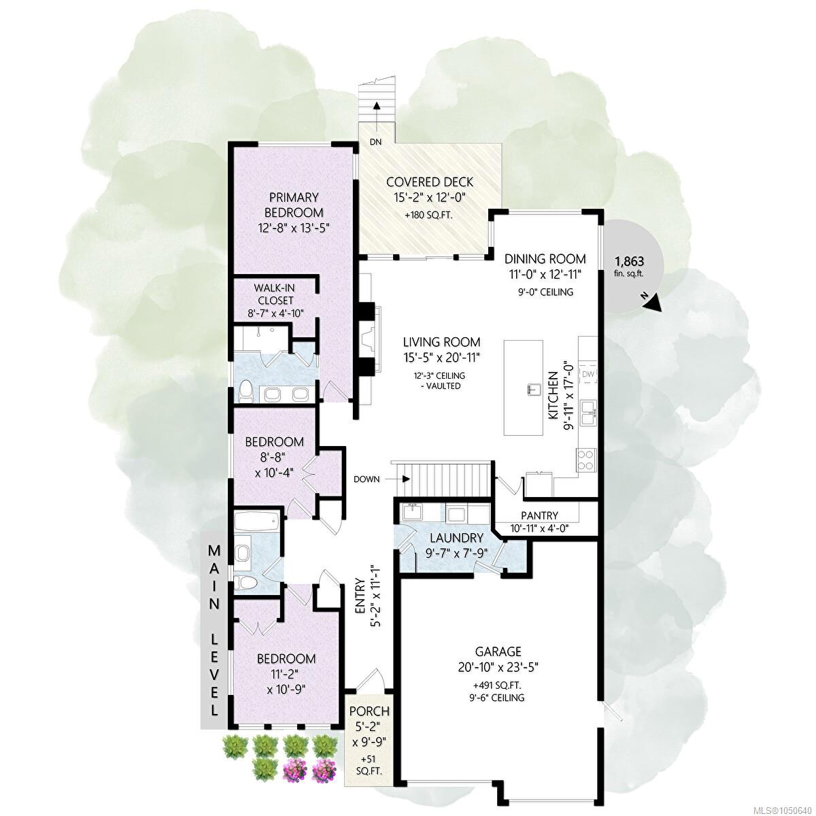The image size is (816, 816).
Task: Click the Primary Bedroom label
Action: click(294, 205)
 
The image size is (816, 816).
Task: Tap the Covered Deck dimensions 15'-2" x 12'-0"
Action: click(429, 197)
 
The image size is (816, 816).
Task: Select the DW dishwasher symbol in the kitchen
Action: click(588, 374)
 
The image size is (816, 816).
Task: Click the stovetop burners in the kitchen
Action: click(585, 460)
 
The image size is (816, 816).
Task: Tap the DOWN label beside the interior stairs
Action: click(367, 479)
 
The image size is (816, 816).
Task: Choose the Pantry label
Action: click(539, 515)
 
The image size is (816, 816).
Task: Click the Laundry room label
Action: click(456, 538)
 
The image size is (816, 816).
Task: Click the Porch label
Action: click(369, 711)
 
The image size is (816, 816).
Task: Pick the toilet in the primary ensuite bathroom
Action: click(245, 390)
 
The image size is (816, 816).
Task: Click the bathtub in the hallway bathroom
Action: click(256, 521)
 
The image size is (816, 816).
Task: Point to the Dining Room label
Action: click(545, 258)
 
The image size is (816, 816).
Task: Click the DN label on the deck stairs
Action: click(375, 142)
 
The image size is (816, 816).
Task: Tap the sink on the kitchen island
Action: click(534, 388)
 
